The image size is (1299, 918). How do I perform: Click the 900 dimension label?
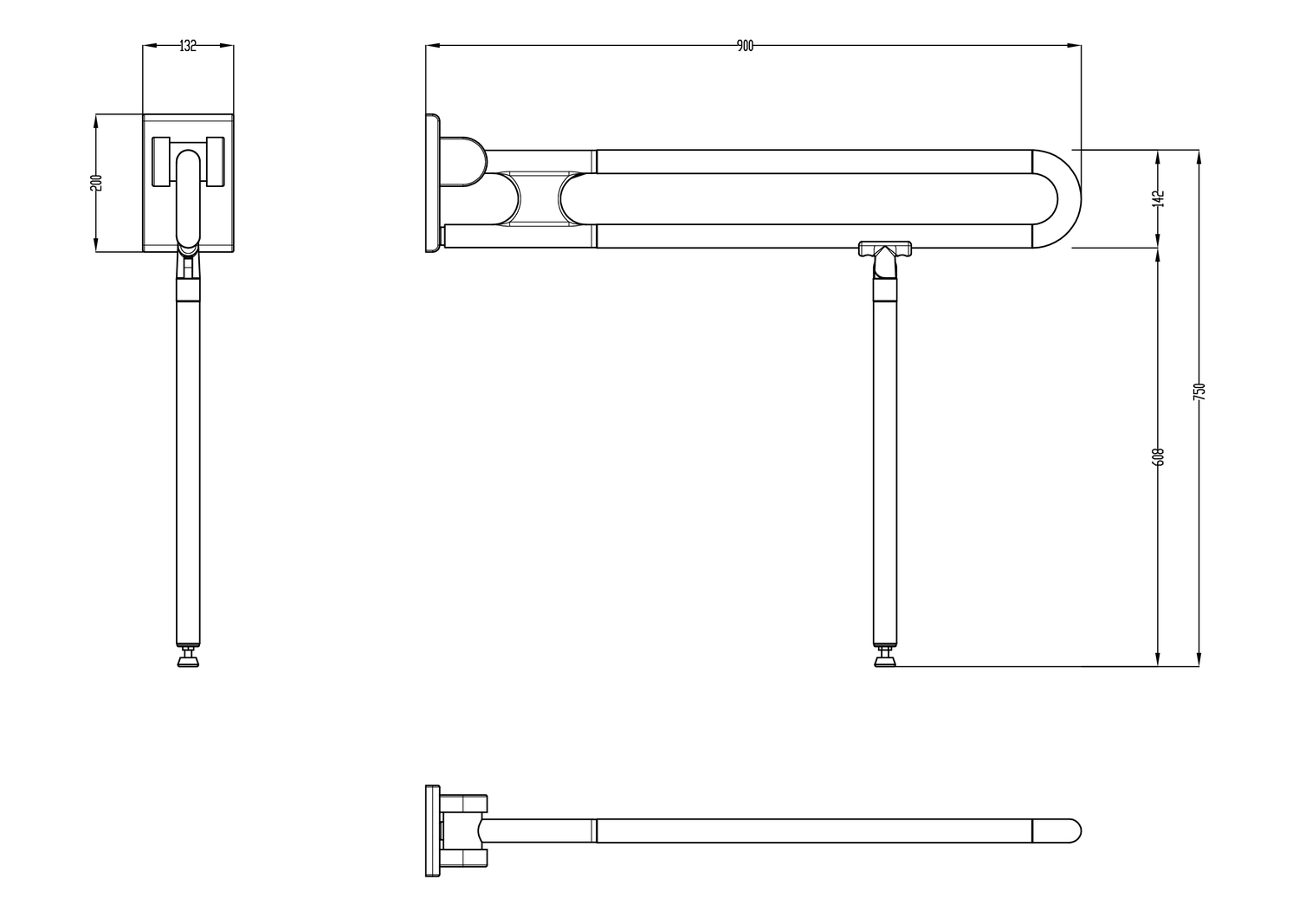coord(745,46)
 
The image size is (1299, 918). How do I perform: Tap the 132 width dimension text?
coord(188,46)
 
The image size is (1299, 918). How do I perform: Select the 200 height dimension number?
coord(96,183)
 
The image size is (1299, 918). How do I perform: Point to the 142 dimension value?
coord(1160,198)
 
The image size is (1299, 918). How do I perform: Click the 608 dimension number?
coord(1160,456)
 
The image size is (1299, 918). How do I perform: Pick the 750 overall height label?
coord(1199,391)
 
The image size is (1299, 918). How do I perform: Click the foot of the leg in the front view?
coord(188,661)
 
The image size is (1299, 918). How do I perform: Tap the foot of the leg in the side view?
coord(884,661)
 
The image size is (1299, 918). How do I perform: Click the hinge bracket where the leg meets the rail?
coord(884,251)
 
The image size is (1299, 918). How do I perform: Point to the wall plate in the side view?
coord(432,183)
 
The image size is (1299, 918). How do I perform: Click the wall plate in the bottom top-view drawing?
coord(432,831)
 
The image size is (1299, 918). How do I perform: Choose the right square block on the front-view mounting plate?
coord(215,161)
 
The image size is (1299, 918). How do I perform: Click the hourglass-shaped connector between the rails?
coord(540,198)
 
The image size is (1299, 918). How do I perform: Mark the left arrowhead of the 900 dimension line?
coord(430,46)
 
